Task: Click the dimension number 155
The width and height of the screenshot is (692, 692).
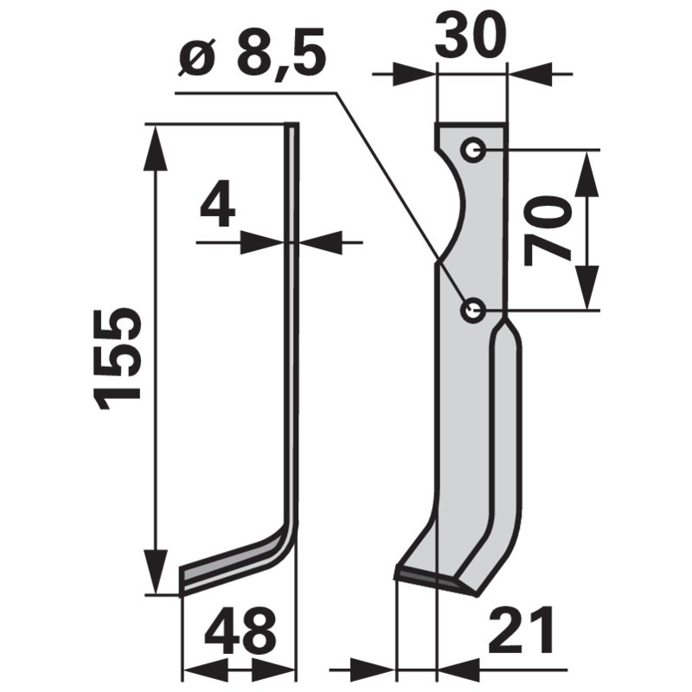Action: [118, 356]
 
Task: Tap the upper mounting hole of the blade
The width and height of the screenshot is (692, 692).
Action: [472, 151]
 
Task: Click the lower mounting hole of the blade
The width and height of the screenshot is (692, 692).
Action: [472, 310]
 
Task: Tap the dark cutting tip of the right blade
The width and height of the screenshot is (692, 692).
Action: [428, 578]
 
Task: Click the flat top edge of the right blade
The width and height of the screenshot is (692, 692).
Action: [471, 125]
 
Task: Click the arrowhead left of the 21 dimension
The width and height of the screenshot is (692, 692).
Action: [375, 668]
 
